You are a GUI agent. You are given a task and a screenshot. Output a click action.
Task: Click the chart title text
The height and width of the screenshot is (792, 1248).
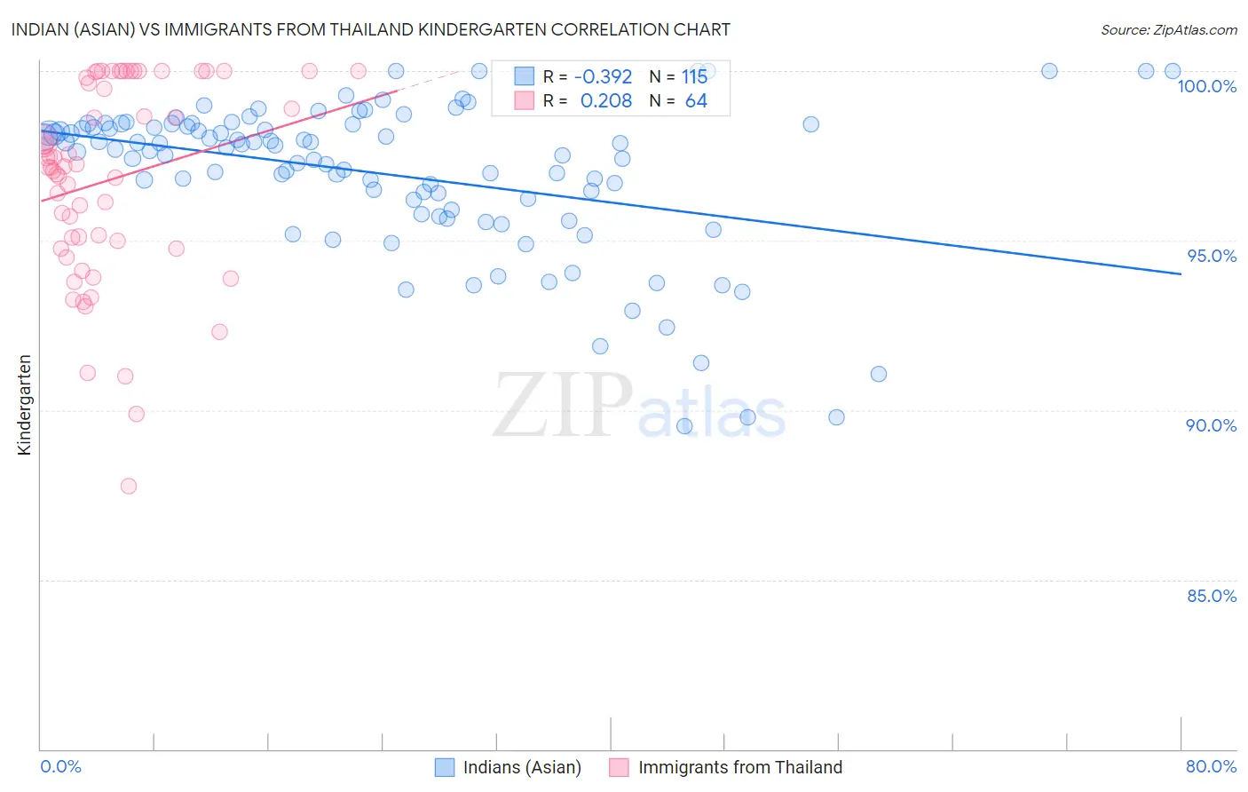point(371,29)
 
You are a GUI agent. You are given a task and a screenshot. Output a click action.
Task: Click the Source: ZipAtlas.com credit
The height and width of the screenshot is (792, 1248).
point(1168,29)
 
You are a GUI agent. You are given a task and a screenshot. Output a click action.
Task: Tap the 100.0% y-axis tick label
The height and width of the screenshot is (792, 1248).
point(1206,86)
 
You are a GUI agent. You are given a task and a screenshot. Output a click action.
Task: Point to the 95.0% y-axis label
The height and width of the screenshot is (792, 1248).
point(1212,256)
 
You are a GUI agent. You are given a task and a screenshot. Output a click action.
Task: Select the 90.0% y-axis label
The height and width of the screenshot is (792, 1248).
point(1211,425)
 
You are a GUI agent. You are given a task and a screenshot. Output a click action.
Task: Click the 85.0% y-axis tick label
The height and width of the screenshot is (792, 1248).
point(1212,596)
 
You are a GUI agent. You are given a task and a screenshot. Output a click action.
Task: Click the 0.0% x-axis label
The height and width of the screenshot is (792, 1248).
point(60,766)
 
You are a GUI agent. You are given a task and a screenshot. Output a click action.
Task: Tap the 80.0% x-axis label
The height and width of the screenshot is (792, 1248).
point(1211,766)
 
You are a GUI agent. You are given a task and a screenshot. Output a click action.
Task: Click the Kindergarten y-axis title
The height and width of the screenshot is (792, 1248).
point(24,405)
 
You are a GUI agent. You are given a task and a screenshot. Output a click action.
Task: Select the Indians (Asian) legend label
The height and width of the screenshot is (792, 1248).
point(522,767)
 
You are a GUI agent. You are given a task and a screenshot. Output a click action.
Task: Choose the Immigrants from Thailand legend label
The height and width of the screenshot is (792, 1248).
point(739,767)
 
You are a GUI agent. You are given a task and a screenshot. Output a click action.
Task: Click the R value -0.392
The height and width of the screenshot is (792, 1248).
point(603,76)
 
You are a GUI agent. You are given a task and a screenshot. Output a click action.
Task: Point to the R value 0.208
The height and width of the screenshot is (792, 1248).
point(605,100)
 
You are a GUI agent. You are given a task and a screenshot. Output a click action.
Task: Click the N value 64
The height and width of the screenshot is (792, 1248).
point(696,100)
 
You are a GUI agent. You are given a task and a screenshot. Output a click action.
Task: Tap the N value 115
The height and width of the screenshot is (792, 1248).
point(694,76)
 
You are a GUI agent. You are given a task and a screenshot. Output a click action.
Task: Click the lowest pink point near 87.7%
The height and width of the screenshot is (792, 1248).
point(129,486)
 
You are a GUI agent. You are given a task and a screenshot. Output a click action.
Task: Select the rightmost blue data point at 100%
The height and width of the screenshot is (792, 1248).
point(1173,71)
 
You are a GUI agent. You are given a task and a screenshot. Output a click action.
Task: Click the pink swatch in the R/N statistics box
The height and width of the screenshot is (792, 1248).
point(525,100)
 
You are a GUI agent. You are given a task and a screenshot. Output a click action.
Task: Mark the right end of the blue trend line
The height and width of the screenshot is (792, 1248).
point(1181,274)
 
